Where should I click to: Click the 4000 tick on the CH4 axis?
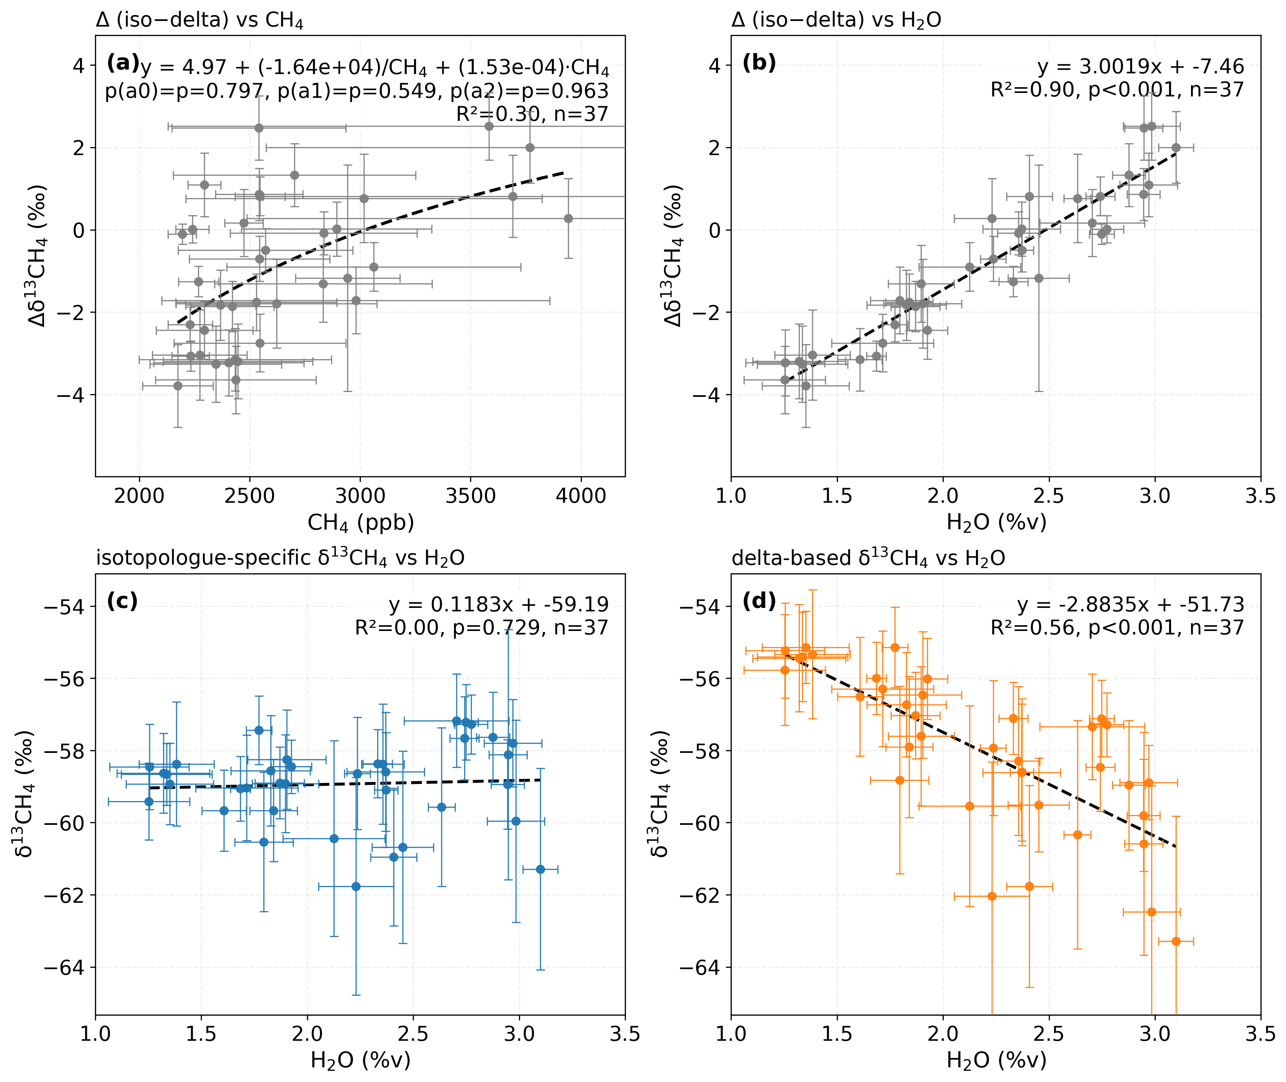[x=580, y=496]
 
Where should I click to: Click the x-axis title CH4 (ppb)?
[x=360, y=523]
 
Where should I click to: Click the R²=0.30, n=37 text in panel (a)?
[x=532, y=114]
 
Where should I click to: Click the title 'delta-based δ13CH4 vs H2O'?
[x=868, y=558]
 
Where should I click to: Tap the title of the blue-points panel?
[x=280, y=558]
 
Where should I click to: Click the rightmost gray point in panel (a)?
[x=569, y=218]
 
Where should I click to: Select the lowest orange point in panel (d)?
[x=1176, y=941]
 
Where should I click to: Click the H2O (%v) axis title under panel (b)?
[x=996, y=523]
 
